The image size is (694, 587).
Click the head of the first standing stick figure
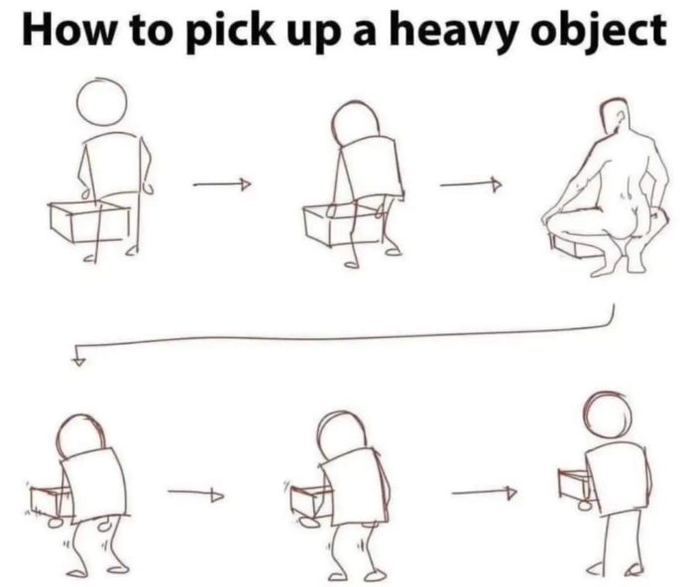[x=101, y=102]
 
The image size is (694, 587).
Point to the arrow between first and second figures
[x=221, y=183]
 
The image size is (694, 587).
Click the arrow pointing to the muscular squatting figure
[x=470, y=183]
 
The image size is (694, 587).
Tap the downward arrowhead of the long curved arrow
[x=78, y=359]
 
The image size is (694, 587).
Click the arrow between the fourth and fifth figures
[x=195, y=493]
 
